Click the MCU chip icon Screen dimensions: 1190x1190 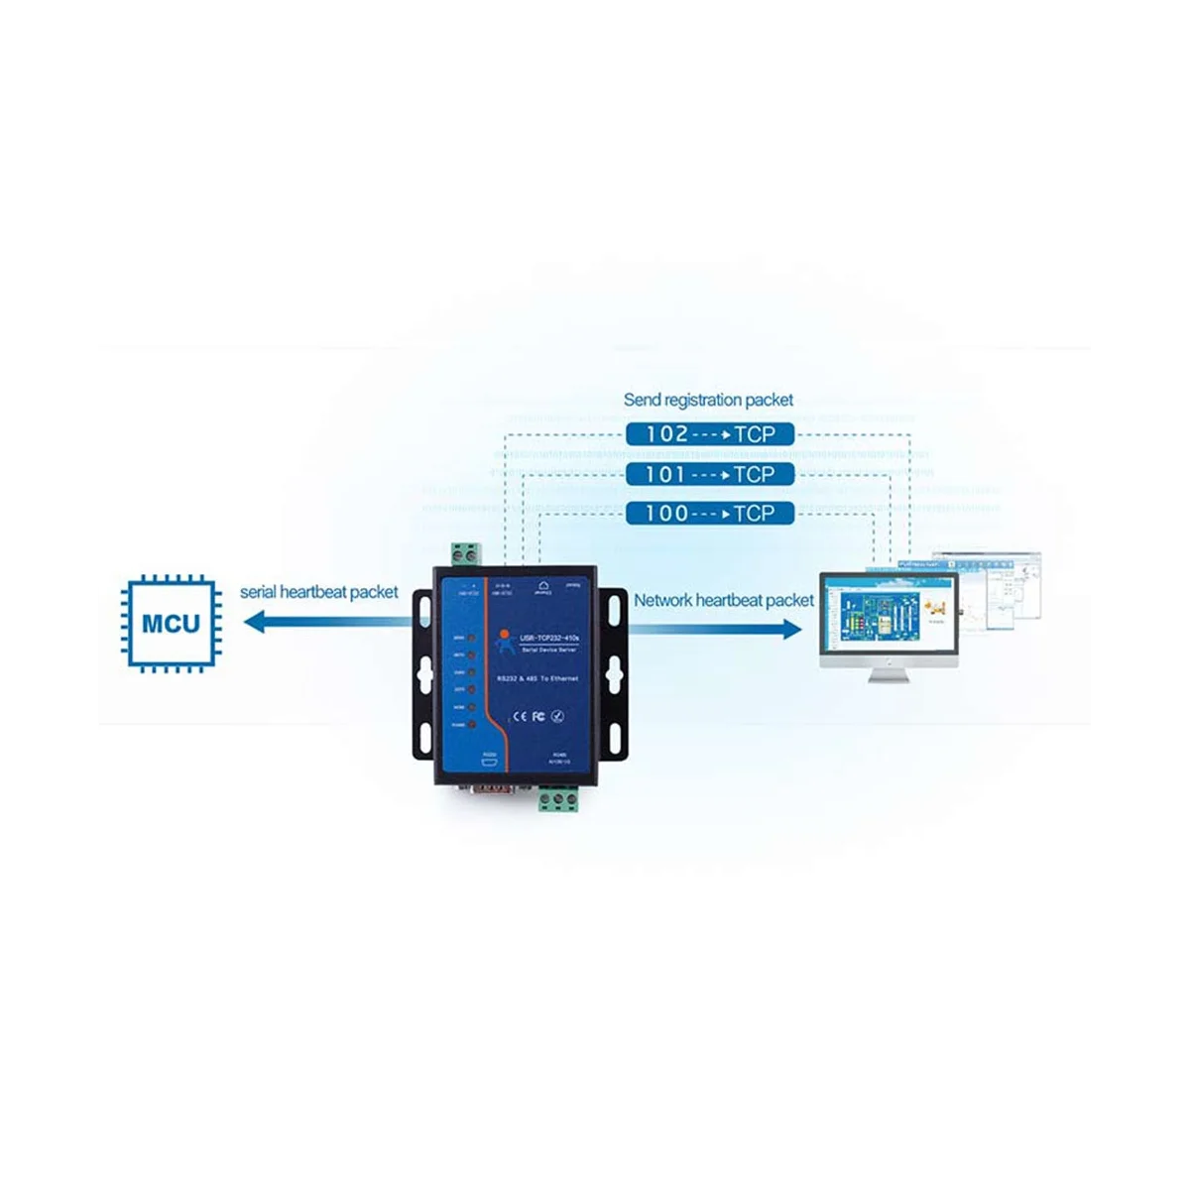171,623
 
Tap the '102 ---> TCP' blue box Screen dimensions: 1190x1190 710,433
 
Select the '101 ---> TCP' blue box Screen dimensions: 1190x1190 710,474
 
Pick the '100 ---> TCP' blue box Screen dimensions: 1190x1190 710,513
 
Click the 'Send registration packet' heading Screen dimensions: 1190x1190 708,400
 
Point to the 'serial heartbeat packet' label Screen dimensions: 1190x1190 318,592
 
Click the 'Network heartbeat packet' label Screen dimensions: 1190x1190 723,600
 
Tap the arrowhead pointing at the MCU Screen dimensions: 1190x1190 256,623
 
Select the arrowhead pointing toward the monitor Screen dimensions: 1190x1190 790,628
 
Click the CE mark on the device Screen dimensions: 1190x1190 518,715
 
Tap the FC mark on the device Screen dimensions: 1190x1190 539,715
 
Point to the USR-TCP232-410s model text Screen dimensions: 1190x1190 553,636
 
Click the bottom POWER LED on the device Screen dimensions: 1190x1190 470,726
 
